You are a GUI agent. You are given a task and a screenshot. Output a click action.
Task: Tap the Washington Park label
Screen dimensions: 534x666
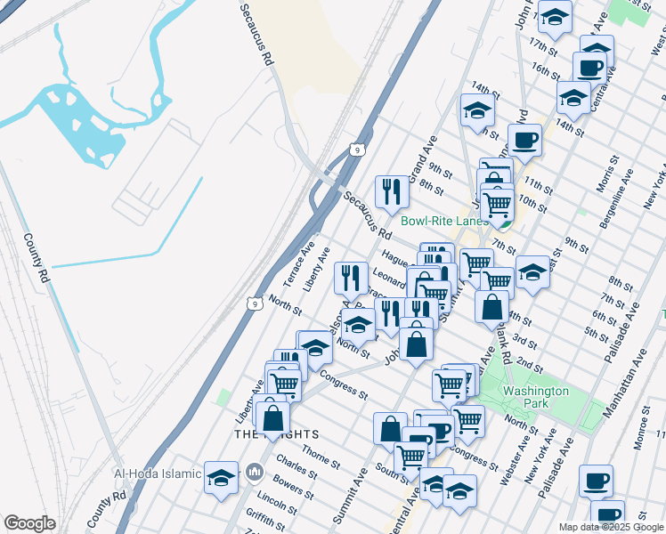point(535,397)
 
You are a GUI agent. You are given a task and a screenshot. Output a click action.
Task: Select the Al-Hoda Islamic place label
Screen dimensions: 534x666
point(158,473)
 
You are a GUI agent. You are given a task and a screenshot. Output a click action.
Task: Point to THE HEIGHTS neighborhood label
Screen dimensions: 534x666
point(276,433)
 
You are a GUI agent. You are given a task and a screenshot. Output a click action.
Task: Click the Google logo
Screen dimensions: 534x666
point(29,523)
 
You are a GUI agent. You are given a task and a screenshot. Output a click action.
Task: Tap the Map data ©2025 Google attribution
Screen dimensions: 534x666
point(610,527)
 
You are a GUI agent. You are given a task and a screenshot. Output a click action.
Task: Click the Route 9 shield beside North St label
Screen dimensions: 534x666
point(256,303)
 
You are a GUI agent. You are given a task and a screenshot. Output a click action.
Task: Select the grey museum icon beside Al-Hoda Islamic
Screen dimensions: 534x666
point(256,471)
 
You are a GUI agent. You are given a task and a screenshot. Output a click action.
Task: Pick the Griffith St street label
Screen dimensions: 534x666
point(265,517)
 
